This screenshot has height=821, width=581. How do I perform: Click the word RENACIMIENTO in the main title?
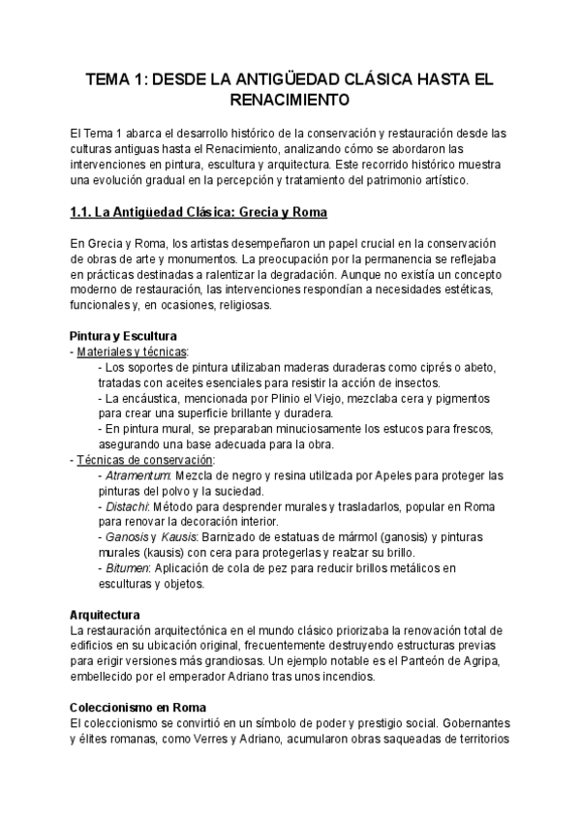pos(290,99)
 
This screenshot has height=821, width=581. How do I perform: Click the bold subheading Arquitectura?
pos(106,615)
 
